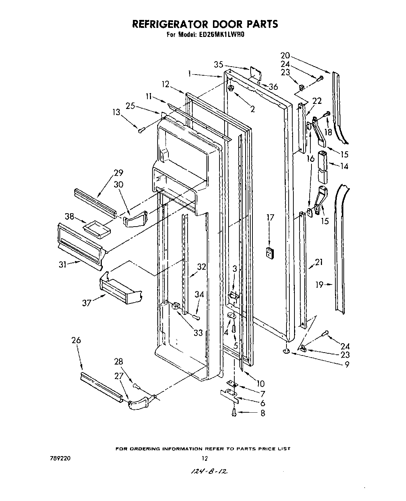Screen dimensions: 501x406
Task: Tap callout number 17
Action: pyautogui.click(x=270, y=218)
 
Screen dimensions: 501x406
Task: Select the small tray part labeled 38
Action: pyautogui.click(x=96, y=230)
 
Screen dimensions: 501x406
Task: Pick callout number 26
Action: pyautogui.click(x=76, y=340)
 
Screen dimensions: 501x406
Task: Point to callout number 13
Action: pyautogui.click(x=116, y=113)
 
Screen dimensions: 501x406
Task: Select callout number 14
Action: pyautogui.click(x=344, y=166)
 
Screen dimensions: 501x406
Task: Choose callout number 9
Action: pyautogui.click(x=347, y=365)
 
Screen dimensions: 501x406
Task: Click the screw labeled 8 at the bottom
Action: pyautogui.click(x=234, y=412)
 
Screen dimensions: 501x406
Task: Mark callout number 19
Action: pyautogui.click(x=319, y=285)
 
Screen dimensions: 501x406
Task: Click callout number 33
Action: pyautogui.click(x=198, y=332)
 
